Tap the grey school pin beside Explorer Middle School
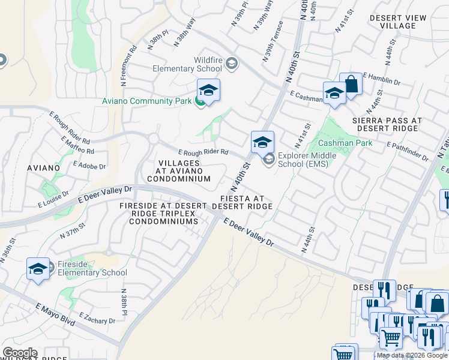point(268,159)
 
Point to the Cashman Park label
point(345,143)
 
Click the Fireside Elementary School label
point(88,268)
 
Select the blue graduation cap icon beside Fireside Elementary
point(38,269)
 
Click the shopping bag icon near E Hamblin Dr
point(351,84)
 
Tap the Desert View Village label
point(393,22)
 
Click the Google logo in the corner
point(19,353)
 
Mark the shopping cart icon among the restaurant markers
point(391,337)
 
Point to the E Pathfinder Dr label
point(408,150)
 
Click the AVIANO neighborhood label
point(43,167)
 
